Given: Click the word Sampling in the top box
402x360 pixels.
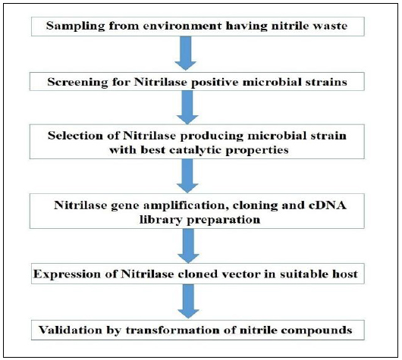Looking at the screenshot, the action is [x=76, y=27].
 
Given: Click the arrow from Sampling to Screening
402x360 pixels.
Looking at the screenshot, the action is [x=186, y=53].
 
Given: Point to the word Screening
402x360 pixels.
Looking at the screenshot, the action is [x=77, y=83].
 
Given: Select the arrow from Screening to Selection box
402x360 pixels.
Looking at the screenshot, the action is [x=187, y=108].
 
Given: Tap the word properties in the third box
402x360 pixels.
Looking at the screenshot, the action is [x=257, y=150].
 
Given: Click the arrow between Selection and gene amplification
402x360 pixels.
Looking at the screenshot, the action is [x=187, y=176].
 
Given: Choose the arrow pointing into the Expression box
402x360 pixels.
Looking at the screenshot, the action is [x=188, y=246].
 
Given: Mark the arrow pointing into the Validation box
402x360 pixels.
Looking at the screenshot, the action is [x=188, y=302].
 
